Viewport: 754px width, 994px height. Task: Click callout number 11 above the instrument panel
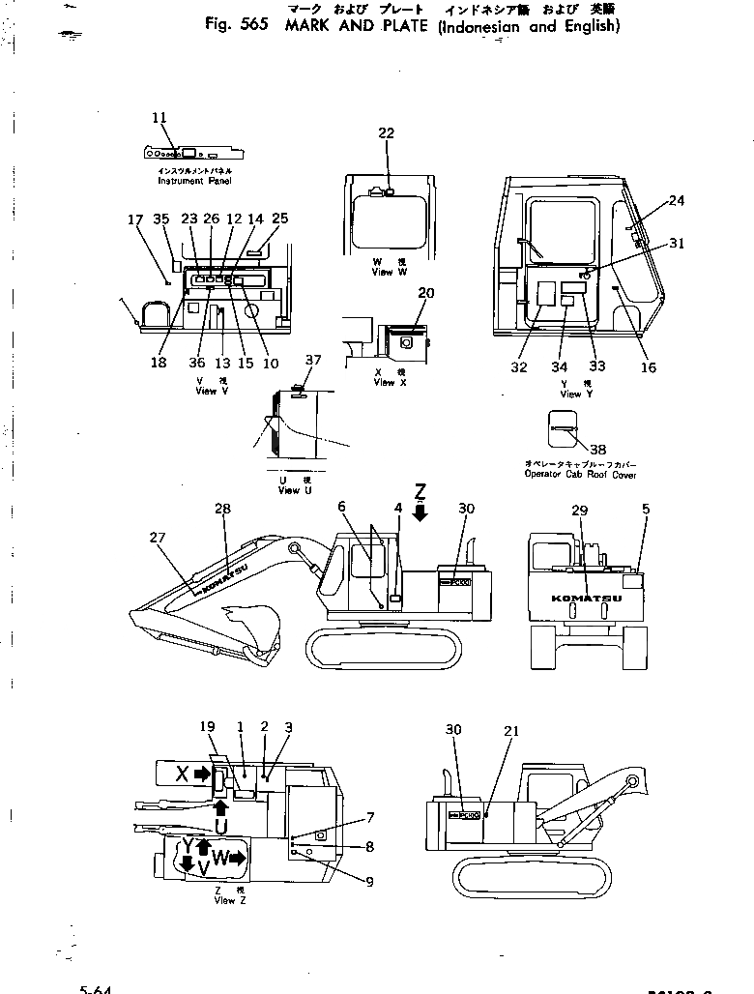pos(159,118)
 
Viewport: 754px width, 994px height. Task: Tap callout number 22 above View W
pos(387,134)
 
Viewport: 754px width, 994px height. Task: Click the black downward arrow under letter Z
pos(420,512)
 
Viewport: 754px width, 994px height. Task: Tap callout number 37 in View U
pos(312,361)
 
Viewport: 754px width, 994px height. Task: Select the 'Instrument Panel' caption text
pos(194,181)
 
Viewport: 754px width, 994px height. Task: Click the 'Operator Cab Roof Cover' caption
pos(580,474)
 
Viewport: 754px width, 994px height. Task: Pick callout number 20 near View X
pos(426,292)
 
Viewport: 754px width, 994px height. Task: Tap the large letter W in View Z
pos(220,857)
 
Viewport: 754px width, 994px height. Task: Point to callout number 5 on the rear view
pos(645,509)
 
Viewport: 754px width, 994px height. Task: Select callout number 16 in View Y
pos(648,367)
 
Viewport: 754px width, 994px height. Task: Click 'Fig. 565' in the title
pos(237,26)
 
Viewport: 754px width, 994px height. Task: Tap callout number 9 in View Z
pos(369,881)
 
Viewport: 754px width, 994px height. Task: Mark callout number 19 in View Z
pos(207,726)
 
